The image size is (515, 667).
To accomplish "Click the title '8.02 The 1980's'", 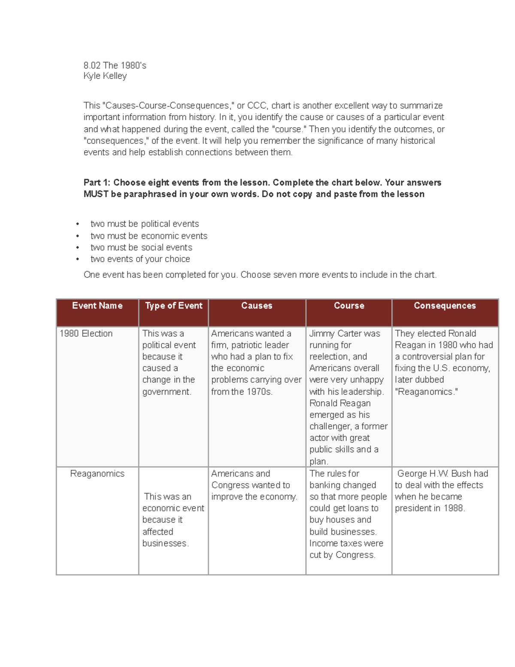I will click(115, 65).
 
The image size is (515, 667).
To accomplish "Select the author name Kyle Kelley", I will click(105, 76).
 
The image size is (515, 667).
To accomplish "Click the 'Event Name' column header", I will click(97, 306).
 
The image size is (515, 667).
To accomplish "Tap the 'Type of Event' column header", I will click(173, 306).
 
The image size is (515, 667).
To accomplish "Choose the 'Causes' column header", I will click(257, 306).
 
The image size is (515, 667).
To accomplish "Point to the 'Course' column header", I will click(349, 306).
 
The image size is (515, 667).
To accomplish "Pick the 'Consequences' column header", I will click(445, 306).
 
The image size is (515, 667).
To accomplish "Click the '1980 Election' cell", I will click(86, 334).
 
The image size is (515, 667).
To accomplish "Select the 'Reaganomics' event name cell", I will click(97, 474).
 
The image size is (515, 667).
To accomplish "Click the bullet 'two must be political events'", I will click(145, 224).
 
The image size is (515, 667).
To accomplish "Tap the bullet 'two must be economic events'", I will click(149, 236).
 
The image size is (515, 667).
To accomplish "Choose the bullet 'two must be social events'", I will click(141, 247).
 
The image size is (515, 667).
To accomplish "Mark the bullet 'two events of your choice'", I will click(140, 259).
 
